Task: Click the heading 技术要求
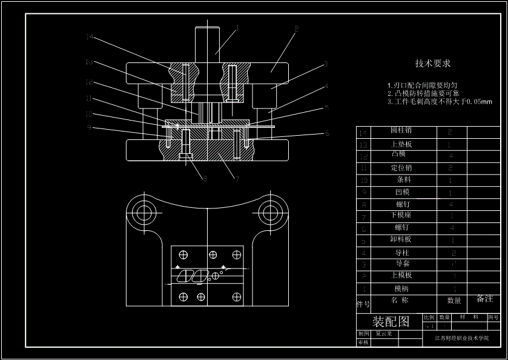[432, 63]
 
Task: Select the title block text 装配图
[391, 321]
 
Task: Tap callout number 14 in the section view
[90, 37]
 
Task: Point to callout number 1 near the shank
[237, 27]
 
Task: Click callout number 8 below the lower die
[205, 178]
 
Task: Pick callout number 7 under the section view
[237, 179]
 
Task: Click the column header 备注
[484, 299]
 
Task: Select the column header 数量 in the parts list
[454, 300]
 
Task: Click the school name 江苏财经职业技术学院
[461, 338]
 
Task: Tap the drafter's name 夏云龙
[384, 333]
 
